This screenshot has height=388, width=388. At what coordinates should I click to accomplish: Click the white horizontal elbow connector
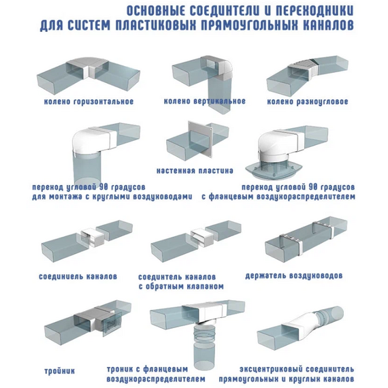pyautogui.click(x=83, y=69)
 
